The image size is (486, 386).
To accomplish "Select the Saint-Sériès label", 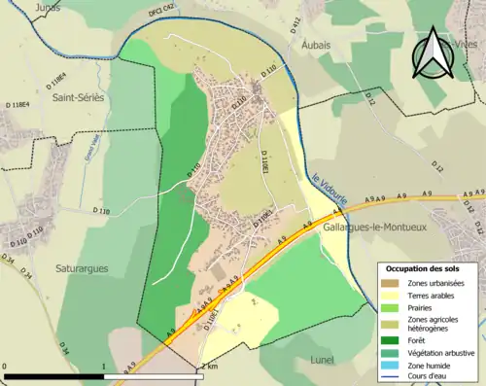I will (79, 97).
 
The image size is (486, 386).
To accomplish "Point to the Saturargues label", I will (81, 268).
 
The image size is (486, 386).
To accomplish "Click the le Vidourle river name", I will (330, 190).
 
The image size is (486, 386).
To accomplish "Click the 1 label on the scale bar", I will (103, 368).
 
